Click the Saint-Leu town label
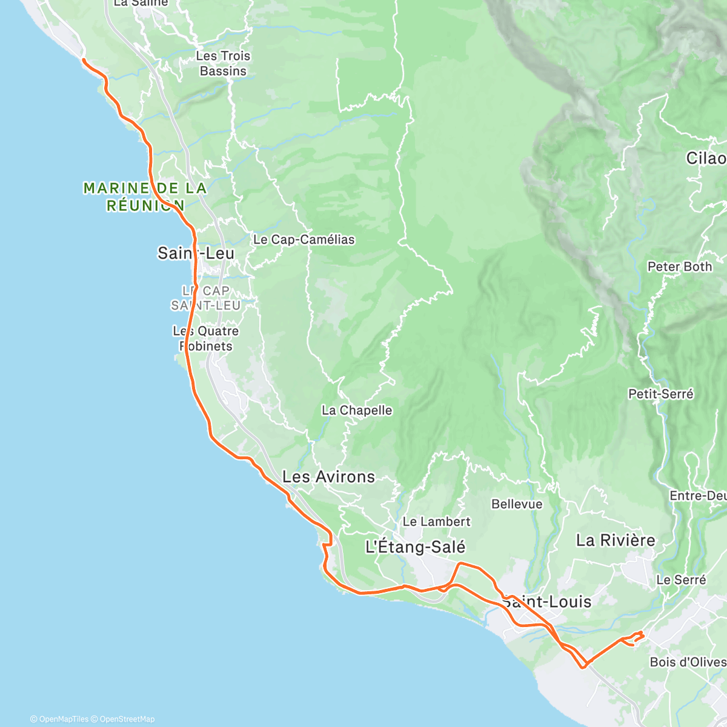pos(196,253)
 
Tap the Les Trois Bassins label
pos(223,64)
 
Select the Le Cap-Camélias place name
pos(304,239)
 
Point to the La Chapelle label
pos(357,410)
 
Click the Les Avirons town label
pos(328,477)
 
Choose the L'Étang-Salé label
pos(416,547)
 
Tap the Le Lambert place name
pos(436,522)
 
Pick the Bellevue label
pos(517,504)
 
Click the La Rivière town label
pos(616,540)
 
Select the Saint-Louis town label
pos(547,602)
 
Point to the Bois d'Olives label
pos(688,662)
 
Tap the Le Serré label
pos(681,580)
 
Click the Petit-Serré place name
pos(660,394)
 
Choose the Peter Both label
pos(680,267)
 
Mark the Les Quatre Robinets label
pos(206,339)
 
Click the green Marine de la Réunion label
pos(145,197)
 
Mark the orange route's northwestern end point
pos(83,59)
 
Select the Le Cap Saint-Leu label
pos(206,298)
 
